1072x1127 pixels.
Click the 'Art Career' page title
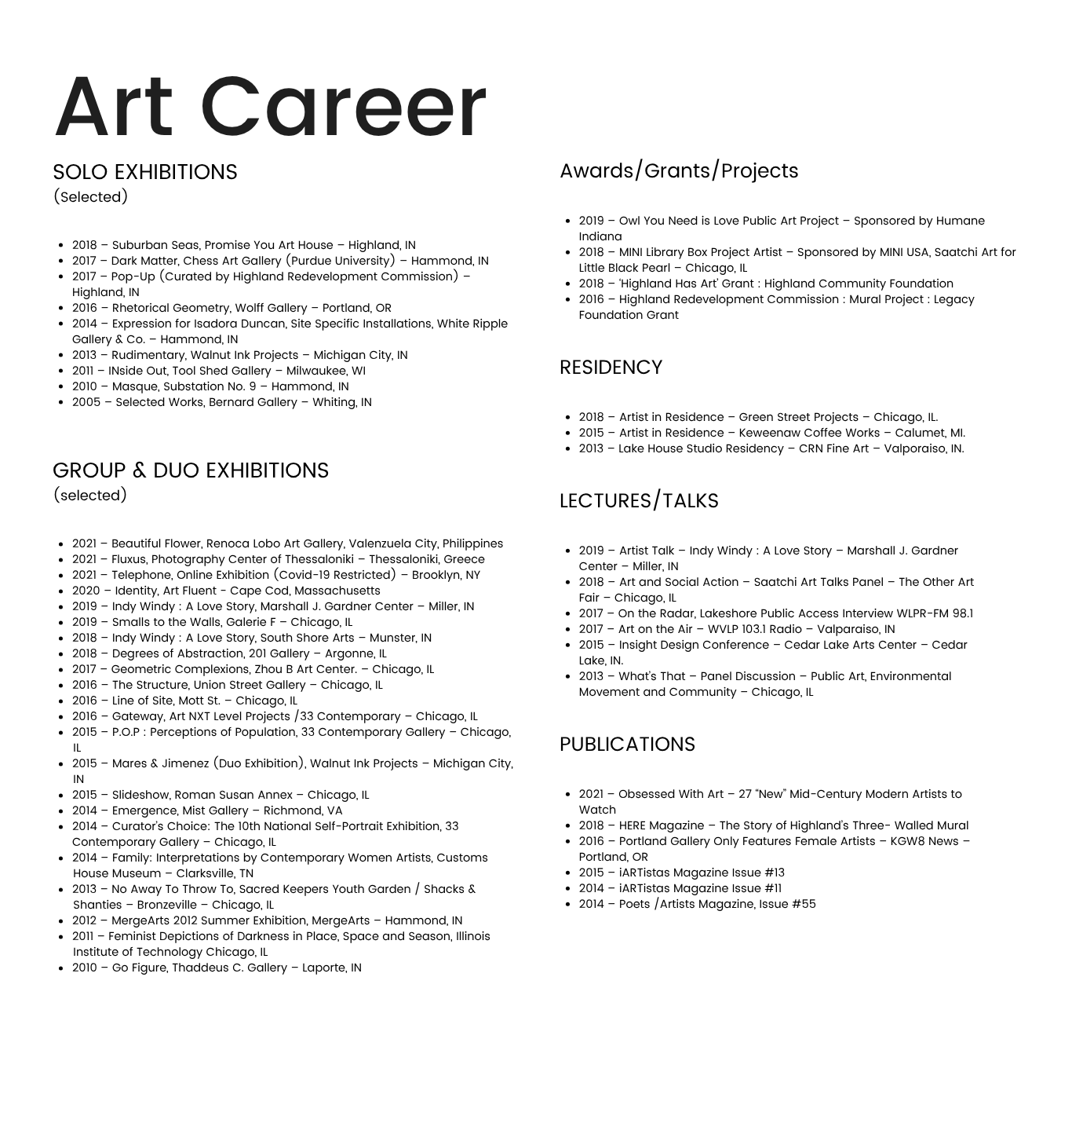click(x=270, y=107)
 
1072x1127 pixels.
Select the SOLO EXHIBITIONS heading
click(x=144, y=172)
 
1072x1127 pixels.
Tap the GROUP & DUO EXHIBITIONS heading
click(x=190, y=470)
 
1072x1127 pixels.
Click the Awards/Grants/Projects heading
click(x=678, y=170)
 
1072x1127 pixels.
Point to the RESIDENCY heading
click(x=611, y=367)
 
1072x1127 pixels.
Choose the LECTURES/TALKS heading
click(x=638, y=500)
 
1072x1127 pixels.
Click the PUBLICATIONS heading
click(x=626, y=744)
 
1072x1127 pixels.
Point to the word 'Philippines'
click(x=472, y=543)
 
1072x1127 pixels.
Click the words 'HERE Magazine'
click(x=661, y=825)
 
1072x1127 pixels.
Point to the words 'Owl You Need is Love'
click(x=680, y=221)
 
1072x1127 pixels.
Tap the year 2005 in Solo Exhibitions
click(x=86, y=402)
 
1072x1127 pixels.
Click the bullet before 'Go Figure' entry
click(x=60, y=968)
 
